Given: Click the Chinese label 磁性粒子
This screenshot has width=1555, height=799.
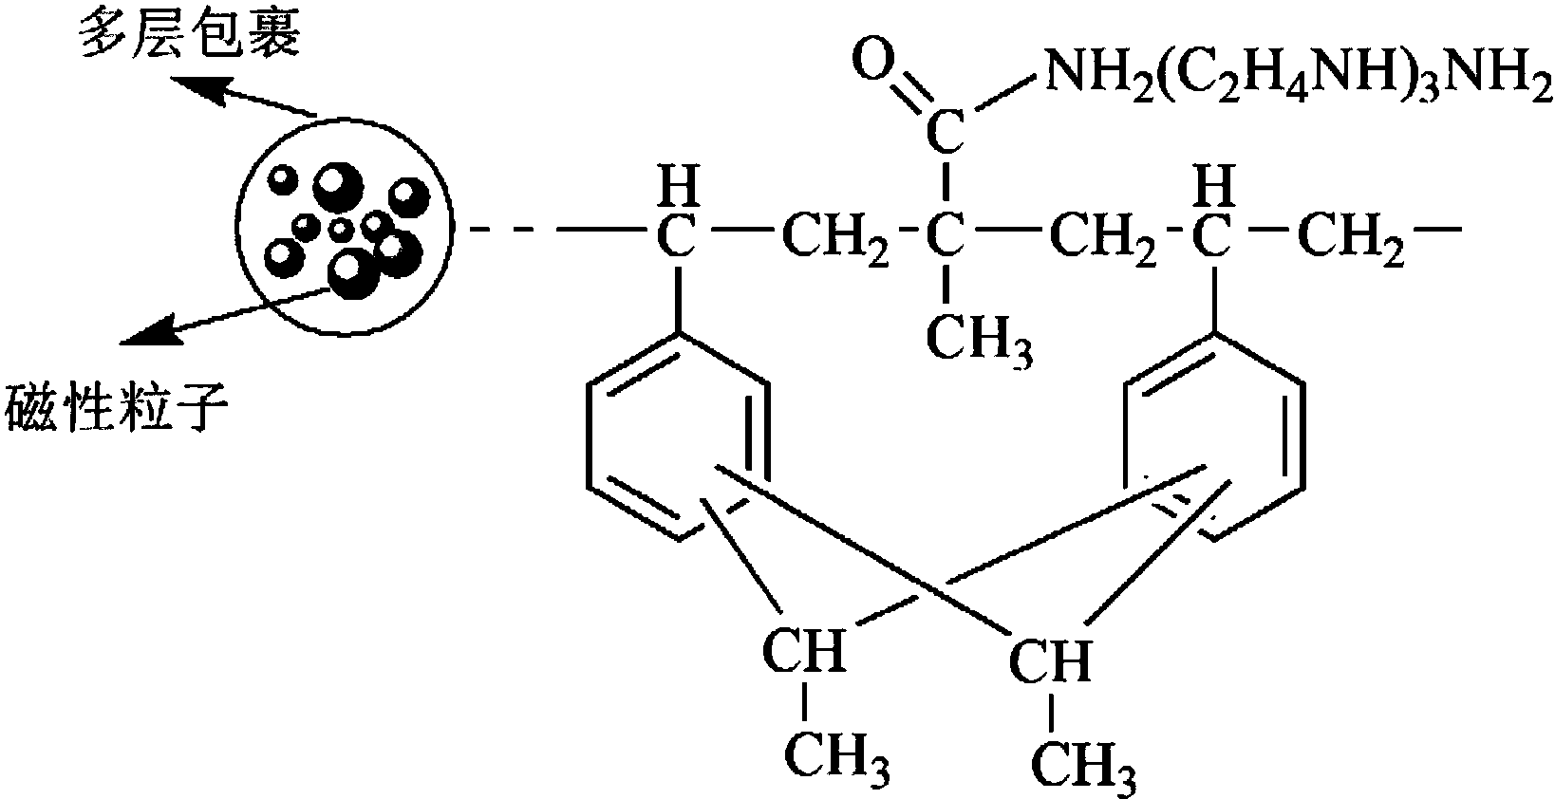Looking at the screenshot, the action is click(x=116, y=409).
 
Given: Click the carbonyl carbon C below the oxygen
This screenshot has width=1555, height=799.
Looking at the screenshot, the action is click(x=946, y=132).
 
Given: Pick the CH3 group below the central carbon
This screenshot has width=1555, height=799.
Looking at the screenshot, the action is click(x=979, y=341).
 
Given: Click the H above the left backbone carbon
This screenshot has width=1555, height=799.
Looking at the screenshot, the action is click(x=678, y=185).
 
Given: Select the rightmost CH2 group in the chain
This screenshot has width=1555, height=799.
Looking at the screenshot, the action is click(x=1350, y=238).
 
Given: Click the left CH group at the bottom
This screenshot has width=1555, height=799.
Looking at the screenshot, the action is click(x=804, y=650).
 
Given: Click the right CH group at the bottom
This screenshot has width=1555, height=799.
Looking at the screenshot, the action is click(x=1050, y=659).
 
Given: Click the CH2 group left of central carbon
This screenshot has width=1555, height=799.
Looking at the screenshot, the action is click(x=835, y=238).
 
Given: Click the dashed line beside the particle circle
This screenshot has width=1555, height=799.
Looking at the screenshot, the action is click(x=513, y=228).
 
